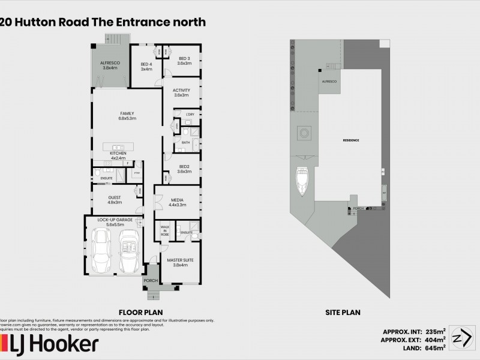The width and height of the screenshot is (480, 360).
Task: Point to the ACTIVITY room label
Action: coord(181,92)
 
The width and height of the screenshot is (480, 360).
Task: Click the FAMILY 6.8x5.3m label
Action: coord(127,116)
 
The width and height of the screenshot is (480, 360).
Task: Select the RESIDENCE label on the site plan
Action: coord(351,140)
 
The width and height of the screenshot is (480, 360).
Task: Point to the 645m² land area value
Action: coord(436,347)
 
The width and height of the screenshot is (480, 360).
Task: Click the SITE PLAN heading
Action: coord(343,312)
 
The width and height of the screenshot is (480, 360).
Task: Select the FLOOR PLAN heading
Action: coord(141,312)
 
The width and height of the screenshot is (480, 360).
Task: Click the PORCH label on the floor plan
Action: coord(150,280)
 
